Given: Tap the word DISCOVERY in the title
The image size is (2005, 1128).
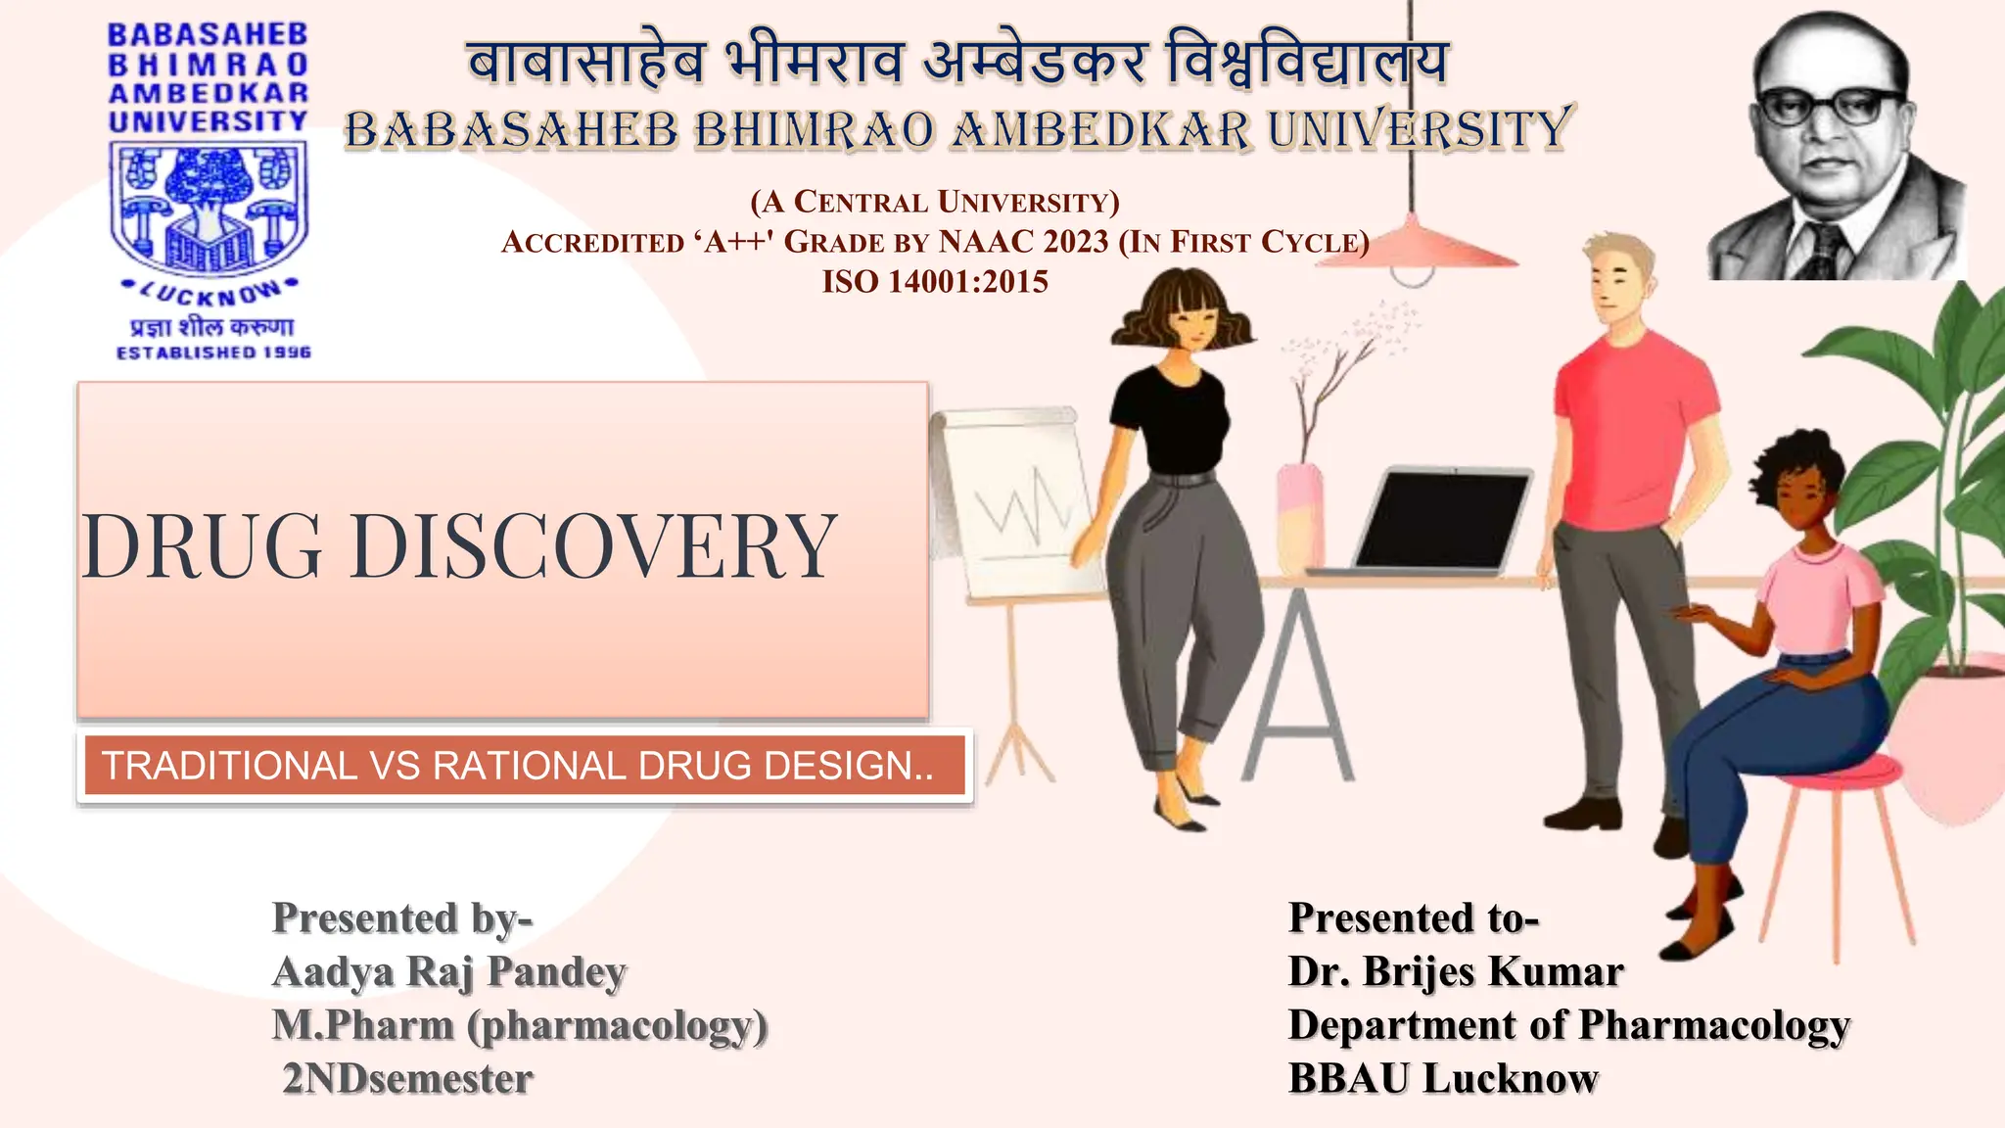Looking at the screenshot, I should [x=593, y=546].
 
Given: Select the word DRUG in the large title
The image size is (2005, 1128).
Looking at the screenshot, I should [x=203, y=546].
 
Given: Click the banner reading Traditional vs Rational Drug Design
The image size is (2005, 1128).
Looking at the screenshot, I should [x=519, y=766].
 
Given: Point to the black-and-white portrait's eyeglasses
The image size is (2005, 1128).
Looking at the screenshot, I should [x=1830, y=106].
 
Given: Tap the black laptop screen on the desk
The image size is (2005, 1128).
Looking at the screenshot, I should [x=1441, y=519].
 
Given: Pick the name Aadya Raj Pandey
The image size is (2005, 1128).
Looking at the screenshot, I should [x=449, y=972].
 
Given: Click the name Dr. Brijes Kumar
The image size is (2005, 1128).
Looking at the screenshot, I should [x=1455, y=972].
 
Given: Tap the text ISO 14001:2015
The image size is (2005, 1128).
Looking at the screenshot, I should [x=935, y=282].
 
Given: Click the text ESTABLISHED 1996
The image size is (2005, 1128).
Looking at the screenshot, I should [x=213, y=352].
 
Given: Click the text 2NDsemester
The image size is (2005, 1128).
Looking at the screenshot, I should [x=407, y=1079].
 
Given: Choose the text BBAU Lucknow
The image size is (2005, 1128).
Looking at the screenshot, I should [x=1443, y=1079].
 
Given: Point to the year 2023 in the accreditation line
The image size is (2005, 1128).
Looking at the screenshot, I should [x=1076, y=242].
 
